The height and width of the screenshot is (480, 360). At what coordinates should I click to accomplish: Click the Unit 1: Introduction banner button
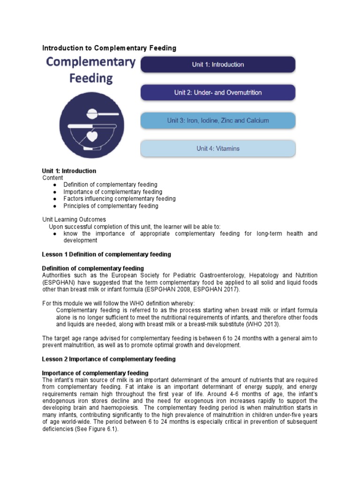point(218,65)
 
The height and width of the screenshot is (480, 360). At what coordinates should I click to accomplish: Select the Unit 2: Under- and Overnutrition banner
point(218,93)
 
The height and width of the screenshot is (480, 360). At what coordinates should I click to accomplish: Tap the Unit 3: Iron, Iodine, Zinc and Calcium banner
point(218,120)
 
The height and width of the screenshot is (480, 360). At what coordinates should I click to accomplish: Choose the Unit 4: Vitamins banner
point(218,149)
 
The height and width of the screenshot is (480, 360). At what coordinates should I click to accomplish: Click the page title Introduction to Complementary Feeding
point(109,48)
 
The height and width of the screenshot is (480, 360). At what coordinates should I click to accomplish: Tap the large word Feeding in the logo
point(91,78)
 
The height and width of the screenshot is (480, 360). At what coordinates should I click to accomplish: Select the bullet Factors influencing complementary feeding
point(120,199)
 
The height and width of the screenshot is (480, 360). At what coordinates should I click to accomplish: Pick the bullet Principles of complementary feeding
point(111,206)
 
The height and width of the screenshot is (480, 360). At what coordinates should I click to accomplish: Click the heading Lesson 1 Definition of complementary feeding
point(106,255)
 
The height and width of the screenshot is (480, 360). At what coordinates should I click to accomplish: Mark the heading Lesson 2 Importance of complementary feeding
point(109,359)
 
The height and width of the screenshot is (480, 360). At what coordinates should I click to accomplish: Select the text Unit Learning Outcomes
point(74,219)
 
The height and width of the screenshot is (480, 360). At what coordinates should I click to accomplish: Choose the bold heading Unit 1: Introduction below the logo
point(69,171)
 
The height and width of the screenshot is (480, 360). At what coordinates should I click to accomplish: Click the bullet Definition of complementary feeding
point(110,185)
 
